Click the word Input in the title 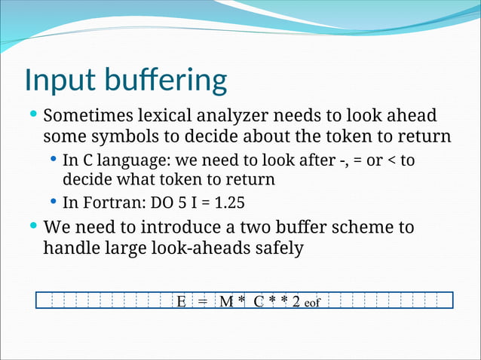point(58,81)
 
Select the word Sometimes point(87,117)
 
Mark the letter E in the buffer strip point(182,302)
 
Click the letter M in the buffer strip point(227,302)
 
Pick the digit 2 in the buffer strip point(296,302)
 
